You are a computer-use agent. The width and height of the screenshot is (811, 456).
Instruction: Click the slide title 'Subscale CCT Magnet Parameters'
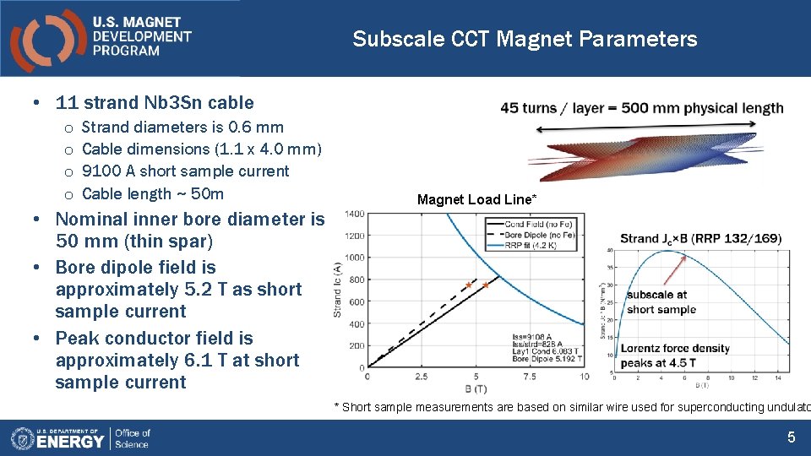(525, 39)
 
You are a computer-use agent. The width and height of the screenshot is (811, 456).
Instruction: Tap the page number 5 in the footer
(791, 437)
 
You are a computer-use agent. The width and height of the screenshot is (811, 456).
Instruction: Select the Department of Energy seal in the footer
(22, 438)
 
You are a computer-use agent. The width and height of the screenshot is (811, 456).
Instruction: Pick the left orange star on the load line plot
(468, 285)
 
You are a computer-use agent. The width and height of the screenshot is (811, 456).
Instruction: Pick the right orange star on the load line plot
(486, 285)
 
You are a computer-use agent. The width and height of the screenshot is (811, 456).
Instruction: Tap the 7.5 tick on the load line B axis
(530, 377)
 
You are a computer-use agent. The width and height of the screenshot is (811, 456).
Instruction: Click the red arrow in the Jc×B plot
(675, 269)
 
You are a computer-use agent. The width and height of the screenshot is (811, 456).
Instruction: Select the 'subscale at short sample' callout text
(661, 302)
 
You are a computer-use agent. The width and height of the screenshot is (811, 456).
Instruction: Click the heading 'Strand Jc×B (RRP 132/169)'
(700, 239)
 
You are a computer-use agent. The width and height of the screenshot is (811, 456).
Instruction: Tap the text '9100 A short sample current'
(185, 171)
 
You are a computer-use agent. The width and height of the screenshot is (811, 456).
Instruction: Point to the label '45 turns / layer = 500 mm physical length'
(642, 108)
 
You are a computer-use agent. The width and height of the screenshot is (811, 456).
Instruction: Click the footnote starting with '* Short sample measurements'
(572, 407)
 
